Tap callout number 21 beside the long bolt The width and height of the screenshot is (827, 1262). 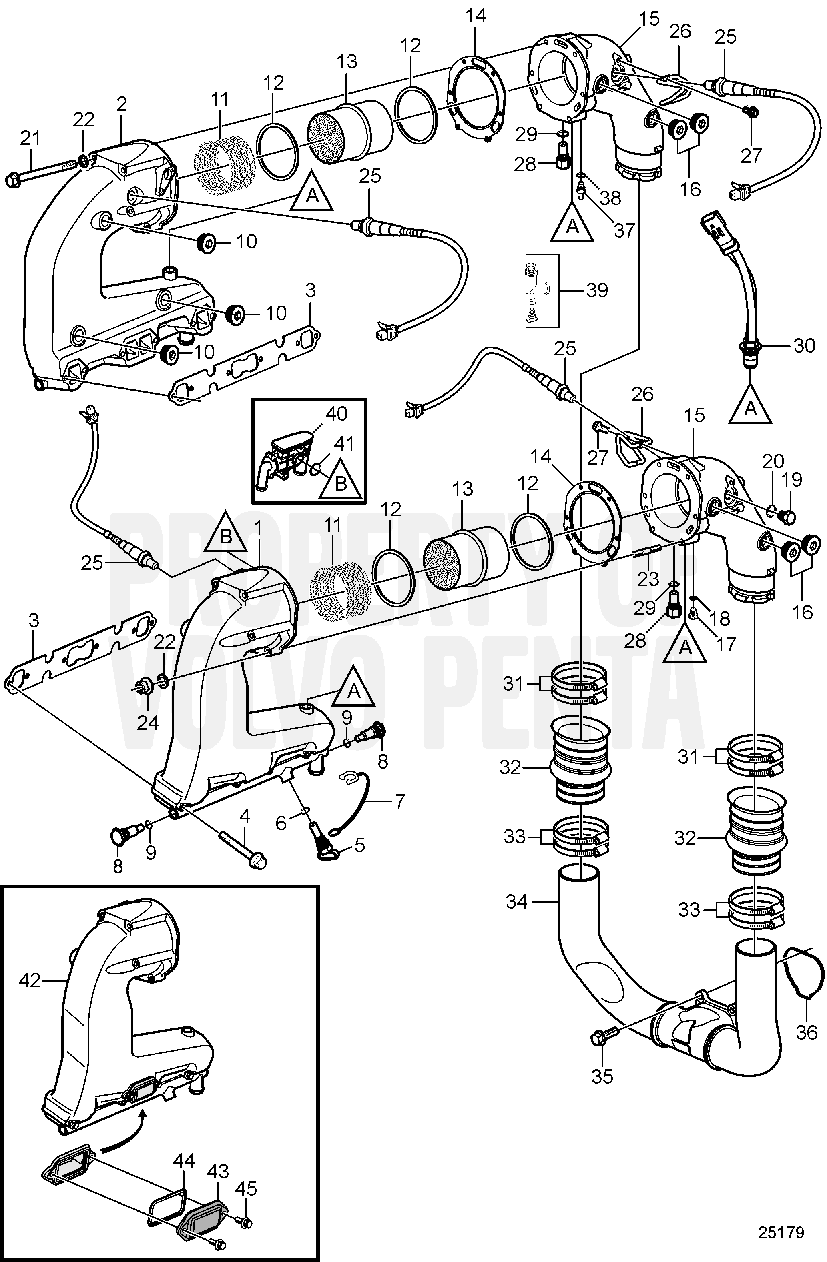tap(30, 139)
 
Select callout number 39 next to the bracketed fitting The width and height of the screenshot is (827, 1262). tap(597, 290)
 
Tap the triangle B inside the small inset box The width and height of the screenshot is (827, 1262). tap(341, 484)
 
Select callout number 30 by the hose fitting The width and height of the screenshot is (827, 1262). tap(804, 345)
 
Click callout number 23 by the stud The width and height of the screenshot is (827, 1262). tap(648, 579)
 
